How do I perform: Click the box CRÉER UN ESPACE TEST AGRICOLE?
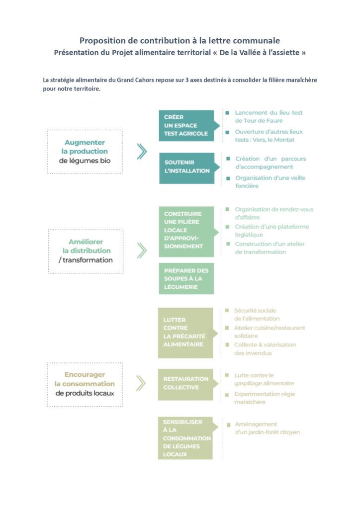[186, 126]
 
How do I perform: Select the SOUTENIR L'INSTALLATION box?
[186, 168]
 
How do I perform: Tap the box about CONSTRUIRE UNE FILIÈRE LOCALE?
[186, 232]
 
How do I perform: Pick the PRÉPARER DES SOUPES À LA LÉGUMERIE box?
[186, 278]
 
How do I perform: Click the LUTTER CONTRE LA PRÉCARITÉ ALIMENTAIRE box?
[185, 333]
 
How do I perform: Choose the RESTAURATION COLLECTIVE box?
[185, 384]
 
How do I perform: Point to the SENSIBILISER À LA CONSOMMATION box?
[185, 438]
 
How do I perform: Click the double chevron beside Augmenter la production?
[142, 152]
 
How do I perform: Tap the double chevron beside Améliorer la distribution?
[142, 251]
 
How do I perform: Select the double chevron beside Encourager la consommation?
[141, 383]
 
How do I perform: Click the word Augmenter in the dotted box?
[85, 143]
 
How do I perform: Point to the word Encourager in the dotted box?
[85, 375]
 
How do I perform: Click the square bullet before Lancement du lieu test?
[228, 113]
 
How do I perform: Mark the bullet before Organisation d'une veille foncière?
[228, 178]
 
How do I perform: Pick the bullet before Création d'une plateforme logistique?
[228, 227]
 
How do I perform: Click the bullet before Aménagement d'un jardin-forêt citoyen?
[229, 424]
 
